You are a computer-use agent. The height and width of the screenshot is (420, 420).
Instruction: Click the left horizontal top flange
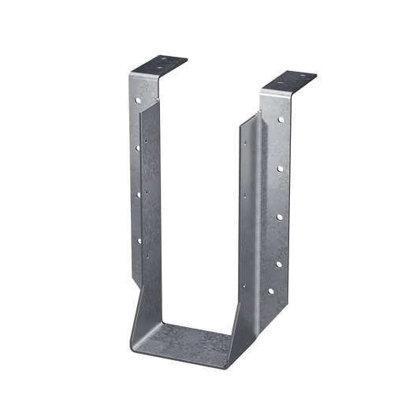tap(162, 64)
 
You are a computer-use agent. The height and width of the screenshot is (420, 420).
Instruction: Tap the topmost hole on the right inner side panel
tap(244, 142)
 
